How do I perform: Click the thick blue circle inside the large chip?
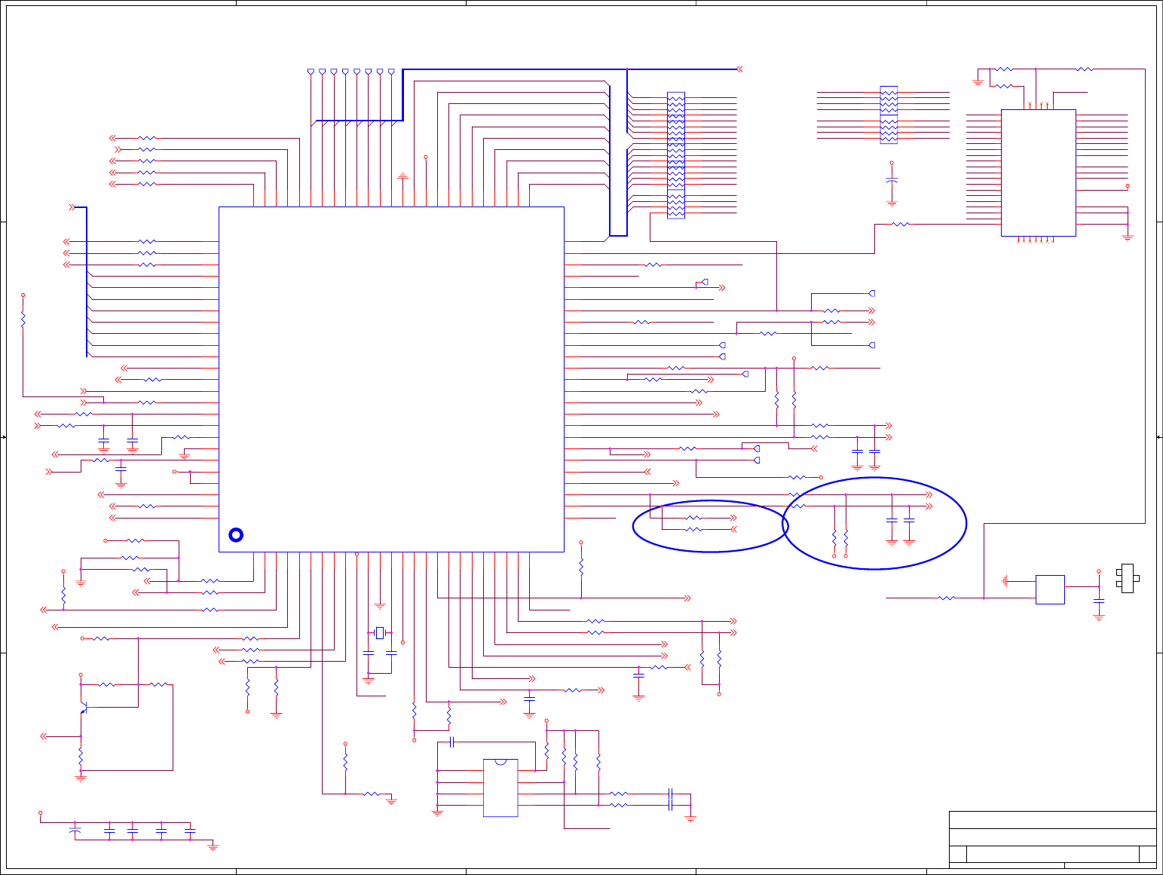coord(236,535)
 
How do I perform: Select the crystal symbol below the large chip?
coord(380,632)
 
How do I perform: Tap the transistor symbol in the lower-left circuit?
coord(85,708)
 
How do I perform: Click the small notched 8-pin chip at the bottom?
coord(500,788)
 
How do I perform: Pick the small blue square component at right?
coord(1050,589)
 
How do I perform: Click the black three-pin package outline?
coord(1128,578)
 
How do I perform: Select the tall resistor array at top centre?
coord(676,155)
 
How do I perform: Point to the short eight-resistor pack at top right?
coord(889,115)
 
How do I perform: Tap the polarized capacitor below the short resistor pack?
coord(892,182)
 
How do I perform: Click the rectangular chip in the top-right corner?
coord(1038,173)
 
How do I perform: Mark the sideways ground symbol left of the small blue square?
coord(1006,581)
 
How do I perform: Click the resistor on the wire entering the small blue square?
coord(947,598)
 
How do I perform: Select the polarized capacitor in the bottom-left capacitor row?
coord(75,831)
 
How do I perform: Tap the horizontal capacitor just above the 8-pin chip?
coord(451,742)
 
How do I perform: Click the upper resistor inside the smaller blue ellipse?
coord(693,518)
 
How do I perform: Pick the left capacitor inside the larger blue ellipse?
coord(892,520)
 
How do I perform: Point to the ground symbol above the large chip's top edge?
coord(402,176)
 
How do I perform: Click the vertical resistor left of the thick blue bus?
coord(23,320)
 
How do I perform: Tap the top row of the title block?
coord(1052,819)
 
